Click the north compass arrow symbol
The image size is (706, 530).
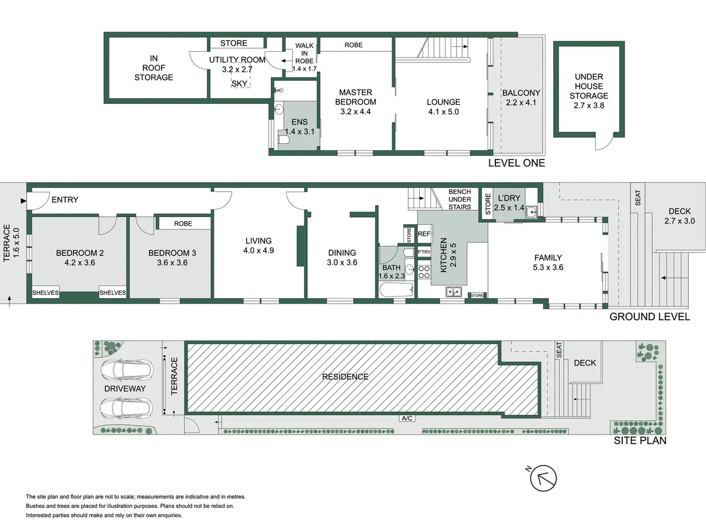pyautogui.click(x=543, y=478)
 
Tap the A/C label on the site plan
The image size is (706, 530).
pyautogui.click(x=407, y=418)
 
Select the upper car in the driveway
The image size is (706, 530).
pyautogui.click(x=127, y=370)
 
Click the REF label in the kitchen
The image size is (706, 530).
pyautogui.click(x=424, y=234)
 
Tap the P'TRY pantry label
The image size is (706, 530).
pyautogui.click(x=424, y=252)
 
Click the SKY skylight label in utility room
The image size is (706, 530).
pyautogui.click(x=239, y=84)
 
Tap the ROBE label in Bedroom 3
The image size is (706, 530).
pyautogui.click(x=183, y=224)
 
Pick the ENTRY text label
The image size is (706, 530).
pyautogui.click(x=65, y=200)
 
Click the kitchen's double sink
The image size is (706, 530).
pyautogui.click(x=453, y=291)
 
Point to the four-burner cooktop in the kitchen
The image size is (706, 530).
pyautogui.click(x=424, y=272)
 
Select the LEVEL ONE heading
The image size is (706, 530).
pyautogui.click(x=517, y=163)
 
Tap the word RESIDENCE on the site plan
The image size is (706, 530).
pyautogui.click(x=345, y=377)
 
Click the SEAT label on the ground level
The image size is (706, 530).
pyautogui.click(x=638, y=198)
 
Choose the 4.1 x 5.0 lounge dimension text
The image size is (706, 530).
pyautogui.click(x=443, y=112)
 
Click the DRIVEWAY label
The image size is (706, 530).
pyautogui.click(x=125, y=389)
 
